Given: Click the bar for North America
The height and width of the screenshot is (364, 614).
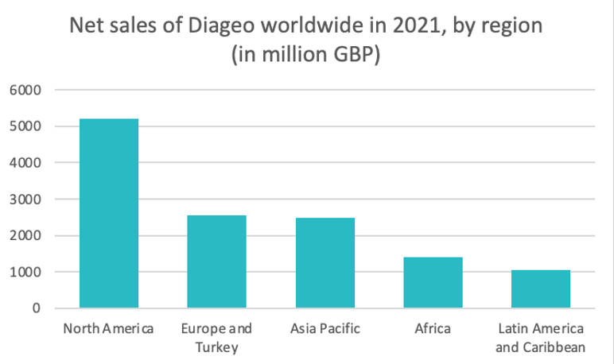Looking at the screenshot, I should tap(109, 213).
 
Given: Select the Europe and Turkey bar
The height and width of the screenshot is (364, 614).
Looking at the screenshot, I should tap(216, 261).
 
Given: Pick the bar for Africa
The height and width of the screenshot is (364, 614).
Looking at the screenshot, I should tap(433, 282).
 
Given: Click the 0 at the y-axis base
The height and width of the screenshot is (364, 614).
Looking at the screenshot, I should tap(36, 308).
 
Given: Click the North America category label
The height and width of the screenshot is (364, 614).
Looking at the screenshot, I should tap(108, 328).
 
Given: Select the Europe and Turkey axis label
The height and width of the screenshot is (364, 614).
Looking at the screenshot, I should tap(216, 337).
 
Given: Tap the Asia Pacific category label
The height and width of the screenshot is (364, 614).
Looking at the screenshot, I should tap(324, 328).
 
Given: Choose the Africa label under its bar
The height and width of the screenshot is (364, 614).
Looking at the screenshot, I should tap(433, 328).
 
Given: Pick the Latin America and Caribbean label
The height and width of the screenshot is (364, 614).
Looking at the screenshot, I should tap(541, 337).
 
